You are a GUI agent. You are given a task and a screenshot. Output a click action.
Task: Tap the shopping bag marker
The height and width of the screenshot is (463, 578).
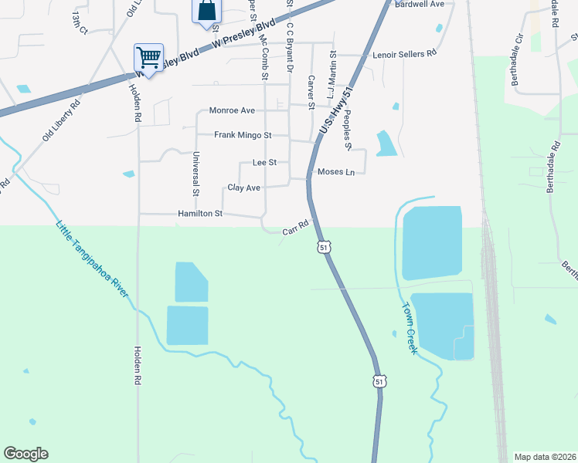pos(206,11)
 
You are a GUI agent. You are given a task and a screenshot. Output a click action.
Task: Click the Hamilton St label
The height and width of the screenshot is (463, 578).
pos(200,213)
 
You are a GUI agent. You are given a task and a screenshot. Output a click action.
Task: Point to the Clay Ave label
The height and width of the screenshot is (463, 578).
pos(243,188)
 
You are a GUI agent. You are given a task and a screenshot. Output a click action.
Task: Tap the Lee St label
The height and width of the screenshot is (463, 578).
pos(264,163)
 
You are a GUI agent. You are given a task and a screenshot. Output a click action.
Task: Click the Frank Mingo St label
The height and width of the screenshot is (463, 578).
pos(243,135)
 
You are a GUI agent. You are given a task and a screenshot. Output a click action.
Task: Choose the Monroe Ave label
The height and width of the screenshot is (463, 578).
pos(231,110)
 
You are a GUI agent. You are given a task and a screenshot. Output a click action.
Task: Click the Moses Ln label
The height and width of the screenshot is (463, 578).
pos(336,171)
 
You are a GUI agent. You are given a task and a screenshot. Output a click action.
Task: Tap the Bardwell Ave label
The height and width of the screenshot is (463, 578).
pos(420,4)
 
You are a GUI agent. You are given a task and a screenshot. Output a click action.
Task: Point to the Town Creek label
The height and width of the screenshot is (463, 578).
pos(409,326)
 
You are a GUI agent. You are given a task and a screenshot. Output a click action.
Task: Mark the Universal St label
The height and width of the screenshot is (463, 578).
pos(196,172)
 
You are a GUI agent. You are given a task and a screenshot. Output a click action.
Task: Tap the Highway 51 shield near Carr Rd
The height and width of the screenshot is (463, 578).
pos(325,246)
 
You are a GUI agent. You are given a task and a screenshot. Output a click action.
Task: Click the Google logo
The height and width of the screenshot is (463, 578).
pos(25,454)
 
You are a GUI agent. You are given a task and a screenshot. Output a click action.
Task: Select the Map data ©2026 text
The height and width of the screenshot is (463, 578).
pos(545,457)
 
